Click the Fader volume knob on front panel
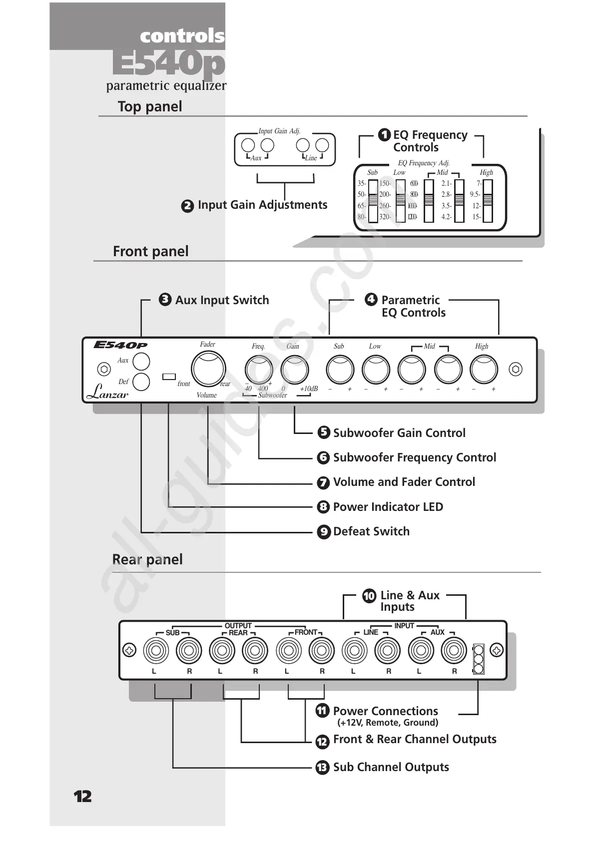(208, 369)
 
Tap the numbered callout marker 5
(324, 432)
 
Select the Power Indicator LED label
(388, 507)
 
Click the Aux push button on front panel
(141, 361)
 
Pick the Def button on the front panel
(141, 382)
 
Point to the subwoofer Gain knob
(295, 370)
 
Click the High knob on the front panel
(484, 370)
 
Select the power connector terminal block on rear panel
(478, 659)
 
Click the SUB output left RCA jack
(155, 651)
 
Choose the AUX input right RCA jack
(454, 651)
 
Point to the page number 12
(83, 796)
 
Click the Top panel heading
(150, 106)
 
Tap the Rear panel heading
(147, 559)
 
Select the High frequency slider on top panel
(488, 200)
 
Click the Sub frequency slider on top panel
(373, 200)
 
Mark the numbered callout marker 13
(322, 767)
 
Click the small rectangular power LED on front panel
(169, 376)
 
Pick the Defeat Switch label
(371, 531)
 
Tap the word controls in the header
(182, 36)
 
